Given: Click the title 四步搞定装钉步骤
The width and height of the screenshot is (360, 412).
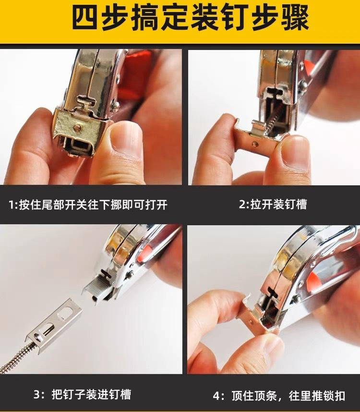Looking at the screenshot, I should pos(180,20).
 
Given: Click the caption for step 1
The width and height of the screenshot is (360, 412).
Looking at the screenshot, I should pos(88,205).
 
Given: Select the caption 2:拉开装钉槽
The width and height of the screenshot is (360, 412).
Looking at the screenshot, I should pos(273,205).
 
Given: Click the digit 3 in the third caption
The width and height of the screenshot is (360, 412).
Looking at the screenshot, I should pos(37,395).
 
